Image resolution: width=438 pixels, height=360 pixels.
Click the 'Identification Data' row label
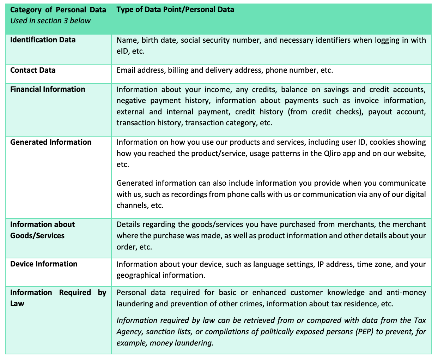pyautogui.click(x=43, y=40)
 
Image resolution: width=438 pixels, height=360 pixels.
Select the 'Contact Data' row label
pyautogui.click(x=33, y=70)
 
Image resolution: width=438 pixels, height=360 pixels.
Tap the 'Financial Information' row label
pyautogui.click(x=48, y=89)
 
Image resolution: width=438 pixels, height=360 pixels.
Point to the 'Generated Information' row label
pyautogui.click(x=51, y=142)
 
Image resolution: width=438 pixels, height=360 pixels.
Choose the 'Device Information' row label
pyautogui.click(x=44, y=264)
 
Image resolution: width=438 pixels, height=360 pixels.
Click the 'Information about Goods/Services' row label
pyautogui.click(x=42, y=230)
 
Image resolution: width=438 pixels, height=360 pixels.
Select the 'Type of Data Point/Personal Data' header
pyautogui.click(x=175, y=10)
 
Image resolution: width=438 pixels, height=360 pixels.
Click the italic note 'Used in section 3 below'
pyautogui.click(x=50, y=21)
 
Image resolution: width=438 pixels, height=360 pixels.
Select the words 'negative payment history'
pyautogui.click(x=163, y=101)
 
